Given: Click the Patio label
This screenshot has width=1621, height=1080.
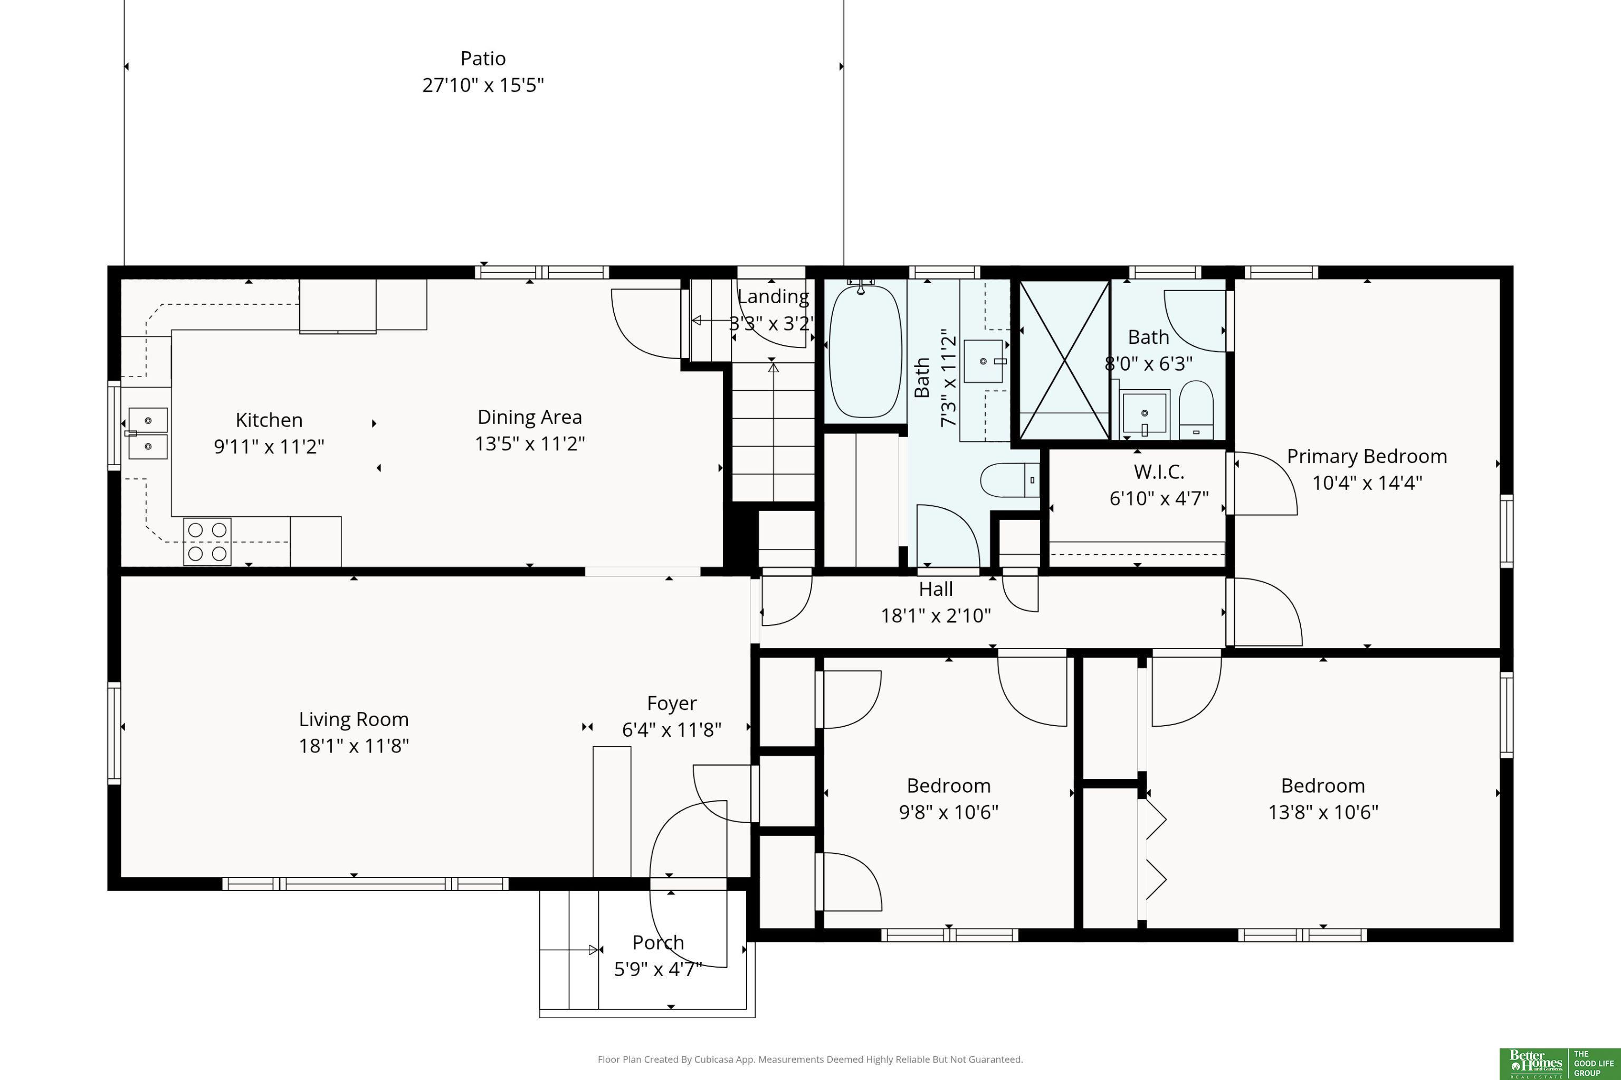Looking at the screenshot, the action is pyautogui.click(x=483, y=59).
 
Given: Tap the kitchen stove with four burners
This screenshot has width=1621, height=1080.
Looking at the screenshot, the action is pyautogui.click(x=207, y=542).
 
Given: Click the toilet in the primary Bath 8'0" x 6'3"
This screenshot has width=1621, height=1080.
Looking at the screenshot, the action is pyautogui.click(x=1196, y=410).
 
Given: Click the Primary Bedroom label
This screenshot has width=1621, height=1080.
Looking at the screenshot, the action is pyautogui.click(x=1367, y=457).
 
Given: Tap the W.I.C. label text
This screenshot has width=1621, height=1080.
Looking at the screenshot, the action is pyautogui.click(x=1159, y=472).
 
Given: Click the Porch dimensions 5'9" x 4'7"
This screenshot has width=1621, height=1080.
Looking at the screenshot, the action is pyautogui.click(x=658, y=969).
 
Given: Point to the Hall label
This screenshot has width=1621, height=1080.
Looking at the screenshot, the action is pyautogui.click(x=936, y=589).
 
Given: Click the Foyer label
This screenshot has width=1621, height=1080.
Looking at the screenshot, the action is pyautogui.click(x=672, y=703).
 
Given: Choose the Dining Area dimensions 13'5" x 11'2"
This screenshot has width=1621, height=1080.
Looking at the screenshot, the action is pyautogui.click(x=529, y=443).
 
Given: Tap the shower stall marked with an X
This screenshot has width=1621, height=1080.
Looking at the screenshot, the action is pyautogui.click(x=1065, y=360).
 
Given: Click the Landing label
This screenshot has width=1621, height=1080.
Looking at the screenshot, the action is pyautogui.click(x=773, y=297).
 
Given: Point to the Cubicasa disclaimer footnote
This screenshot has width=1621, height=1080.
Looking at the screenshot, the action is pyautogui.click(x=810, y=1059).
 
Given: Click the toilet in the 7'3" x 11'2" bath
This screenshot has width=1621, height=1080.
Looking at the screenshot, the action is pyautogui.click(x=1009, y=480).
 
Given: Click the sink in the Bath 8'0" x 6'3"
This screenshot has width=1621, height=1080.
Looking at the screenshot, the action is pyautogui.click(x=1145, y=414).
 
